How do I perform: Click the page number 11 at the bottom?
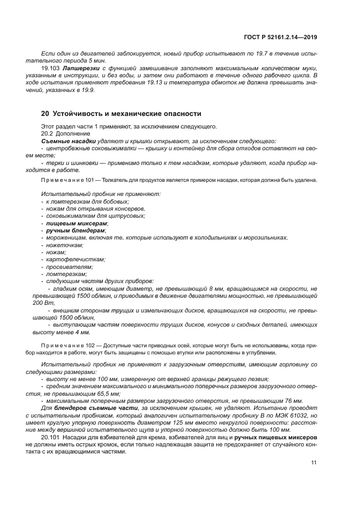(x=314, y=462)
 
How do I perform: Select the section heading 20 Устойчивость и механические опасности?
(x=121, y=114)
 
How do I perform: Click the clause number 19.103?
(x=50, y=69)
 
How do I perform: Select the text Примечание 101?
(x=65, y=180)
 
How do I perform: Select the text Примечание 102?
(x=65, y=346)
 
